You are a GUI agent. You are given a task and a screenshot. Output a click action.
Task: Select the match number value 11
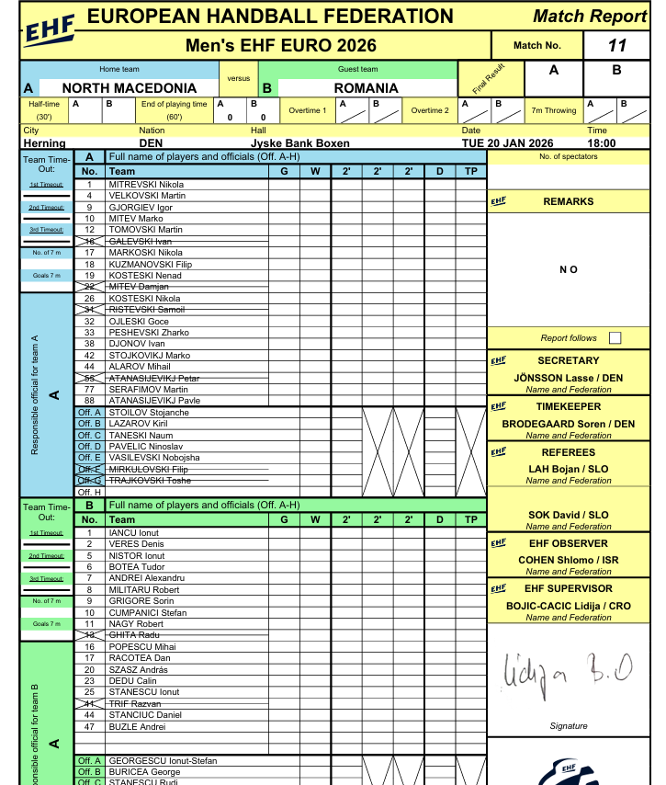[616, 45]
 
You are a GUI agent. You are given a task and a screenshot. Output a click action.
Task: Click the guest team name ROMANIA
[366, 88]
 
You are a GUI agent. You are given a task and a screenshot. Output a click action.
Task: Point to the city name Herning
[44, 143]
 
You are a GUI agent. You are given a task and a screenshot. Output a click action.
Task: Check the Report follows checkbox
[615, 338]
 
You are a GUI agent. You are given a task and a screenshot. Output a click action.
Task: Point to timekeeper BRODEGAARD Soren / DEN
[568, 424]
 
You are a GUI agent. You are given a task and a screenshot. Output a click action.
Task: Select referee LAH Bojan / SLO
[568, 470]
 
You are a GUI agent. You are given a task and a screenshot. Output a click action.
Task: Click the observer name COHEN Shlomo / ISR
[568, 560]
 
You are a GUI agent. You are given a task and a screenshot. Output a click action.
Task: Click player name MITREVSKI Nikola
[146, 185]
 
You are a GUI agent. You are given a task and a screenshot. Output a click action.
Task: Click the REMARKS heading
[568, 201]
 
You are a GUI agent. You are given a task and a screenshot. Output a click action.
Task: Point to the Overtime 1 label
[306, 110]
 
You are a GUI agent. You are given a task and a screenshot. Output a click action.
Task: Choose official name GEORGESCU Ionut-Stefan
[163, 761]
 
